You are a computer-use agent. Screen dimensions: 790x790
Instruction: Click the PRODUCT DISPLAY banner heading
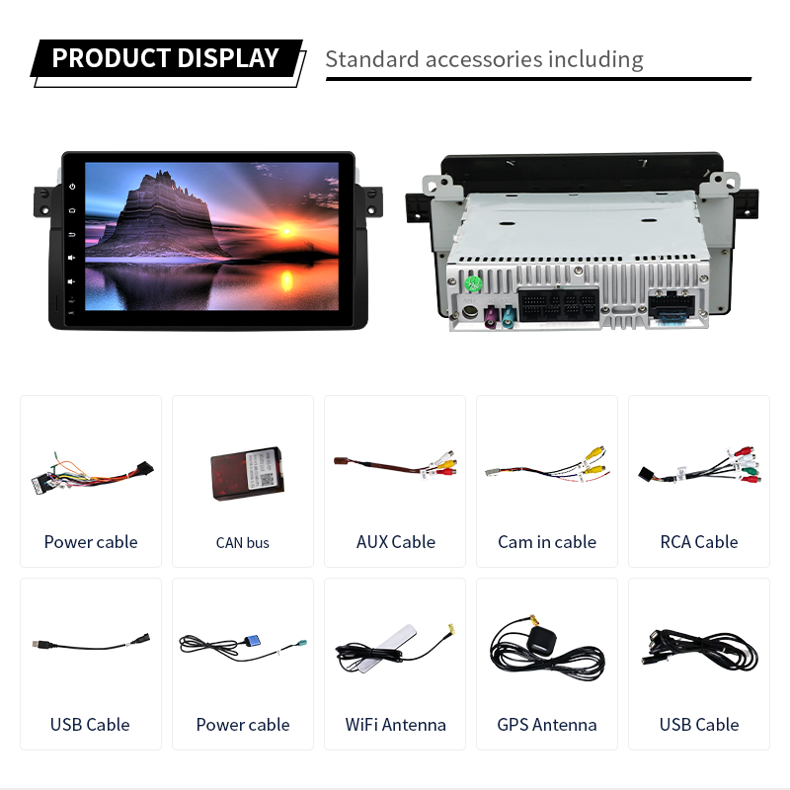[x=165, y=58]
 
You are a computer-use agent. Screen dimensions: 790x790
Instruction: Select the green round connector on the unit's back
[x=473, y=286]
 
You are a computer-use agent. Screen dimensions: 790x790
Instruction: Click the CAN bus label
[x=243, y=542]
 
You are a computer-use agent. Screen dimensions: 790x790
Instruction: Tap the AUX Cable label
[x=395, y=541]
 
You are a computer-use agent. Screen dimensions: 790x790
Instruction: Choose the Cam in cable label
[x=547, y=541]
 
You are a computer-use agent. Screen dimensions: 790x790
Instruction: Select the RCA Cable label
[x=699, y=541]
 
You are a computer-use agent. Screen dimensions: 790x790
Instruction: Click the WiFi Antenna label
[x=395, y=724]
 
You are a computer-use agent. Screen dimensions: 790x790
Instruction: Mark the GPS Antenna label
[x=547, y=724]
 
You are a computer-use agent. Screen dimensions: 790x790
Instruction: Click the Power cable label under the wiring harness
[x=91, y=541]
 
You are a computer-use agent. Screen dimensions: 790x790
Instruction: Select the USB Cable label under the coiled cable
[x=699, y=724]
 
